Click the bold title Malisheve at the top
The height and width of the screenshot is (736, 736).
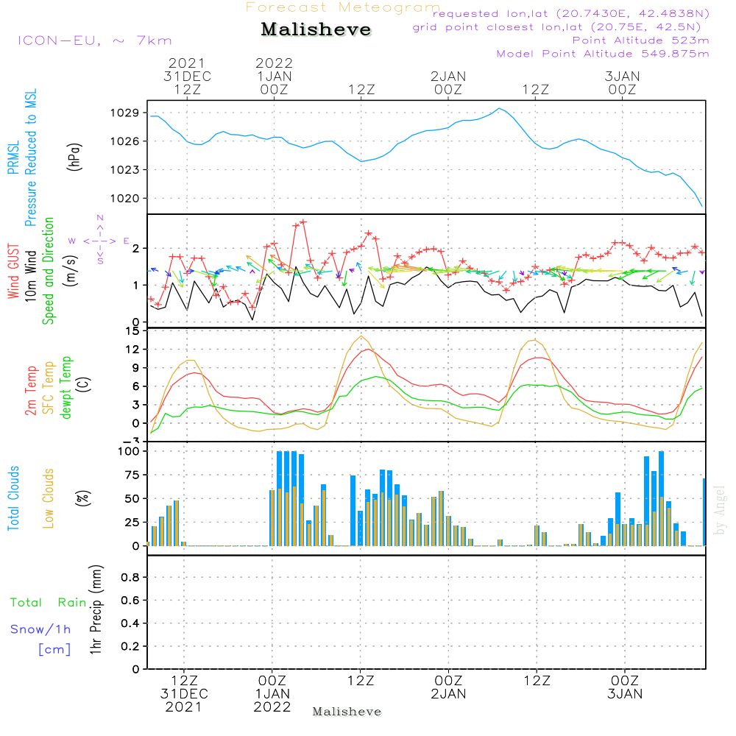click(x=316, y=30)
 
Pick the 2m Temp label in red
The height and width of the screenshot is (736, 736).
click(x=31, y=389)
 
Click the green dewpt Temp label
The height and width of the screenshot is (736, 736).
click(x=66, y=388)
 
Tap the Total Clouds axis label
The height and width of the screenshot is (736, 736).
click(x=13, y=498)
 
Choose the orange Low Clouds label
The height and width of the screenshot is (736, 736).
click(x=49, y=498)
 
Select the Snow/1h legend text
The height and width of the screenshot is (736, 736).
click(x=41, y=629)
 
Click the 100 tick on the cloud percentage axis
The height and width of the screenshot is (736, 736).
click(x=128, y=450)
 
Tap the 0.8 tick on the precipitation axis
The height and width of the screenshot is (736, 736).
click(x=130, y=578)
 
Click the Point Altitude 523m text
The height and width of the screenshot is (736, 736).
click(x=640, y=40)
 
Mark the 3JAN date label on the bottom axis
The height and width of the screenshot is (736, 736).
click(x=625, y=694)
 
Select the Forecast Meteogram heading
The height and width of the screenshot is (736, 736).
click(x=343, y=7)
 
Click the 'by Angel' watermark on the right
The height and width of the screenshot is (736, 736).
click(x=720, y=510)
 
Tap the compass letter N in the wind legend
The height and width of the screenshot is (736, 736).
click(x=100, y=218)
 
